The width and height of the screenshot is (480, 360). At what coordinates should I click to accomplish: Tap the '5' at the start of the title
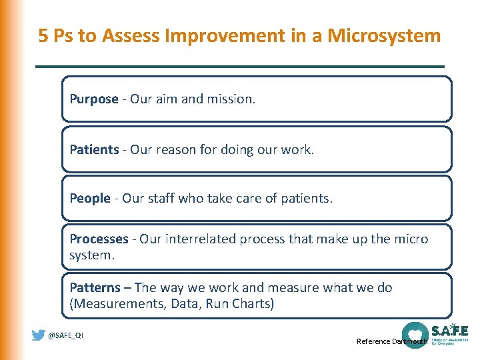pos(43,35)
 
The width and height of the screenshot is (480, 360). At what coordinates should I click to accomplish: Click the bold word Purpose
pos(94,99)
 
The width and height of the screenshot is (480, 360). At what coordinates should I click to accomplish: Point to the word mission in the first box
pos(230,99)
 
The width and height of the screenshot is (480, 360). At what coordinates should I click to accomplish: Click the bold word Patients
pos(94,149)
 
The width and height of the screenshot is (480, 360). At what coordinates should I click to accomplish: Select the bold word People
pos(90,198)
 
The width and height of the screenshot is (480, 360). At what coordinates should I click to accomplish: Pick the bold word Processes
pos(99,239)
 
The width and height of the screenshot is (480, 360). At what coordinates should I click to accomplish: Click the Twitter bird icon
pos(39,335)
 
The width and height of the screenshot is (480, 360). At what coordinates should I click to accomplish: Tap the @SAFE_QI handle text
pos(65,335)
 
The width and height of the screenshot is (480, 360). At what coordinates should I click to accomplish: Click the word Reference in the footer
pos(373,341)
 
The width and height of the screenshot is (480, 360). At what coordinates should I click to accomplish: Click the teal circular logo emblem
pos(415,334)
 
